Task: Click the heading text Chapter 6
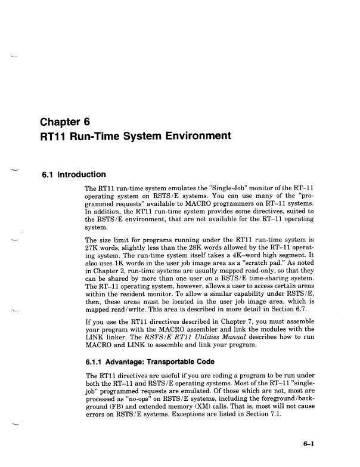65,123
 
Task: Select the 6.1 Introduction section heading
73,175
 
